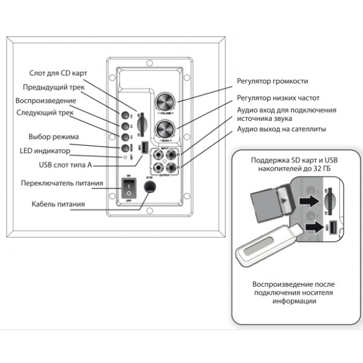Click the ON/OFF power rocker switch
click(x=128, y=188)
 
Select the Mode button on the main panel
click(x=126, y=147)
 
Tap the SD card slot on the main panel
click(x=140, y=123)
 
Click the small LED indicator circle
click(x=125, y=157)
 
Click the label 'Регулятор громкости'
click(x=272, y=80)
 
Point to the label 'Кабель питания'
click(x=58, y=204)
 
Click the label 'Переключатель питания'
click(x=62, y=183)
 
